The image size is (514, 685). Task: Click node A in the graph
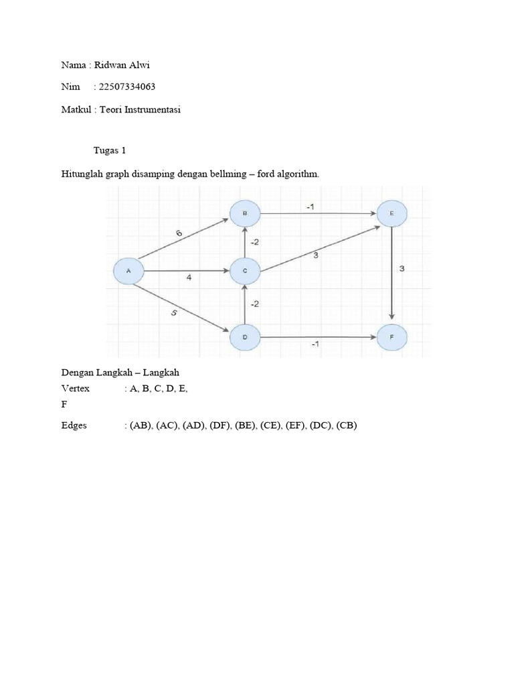(128, 271)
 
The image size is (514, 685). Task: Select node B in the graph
(245, 213)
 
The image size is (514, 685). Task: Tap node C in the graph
(245, 271)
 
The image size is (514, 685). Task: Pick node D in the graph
(245, 337)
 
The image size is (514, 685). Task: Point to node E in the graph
(392, 213)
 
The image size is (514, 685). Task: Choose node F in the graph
(392, 337)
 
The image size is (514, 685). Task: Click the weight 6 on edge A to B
(179, 233)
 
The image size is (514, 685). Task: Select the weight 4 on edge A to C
(189, 278)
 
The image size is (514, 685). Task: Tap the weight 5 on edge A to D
(174, 313)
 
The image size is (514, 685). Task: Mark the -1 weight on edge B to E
(311, 207)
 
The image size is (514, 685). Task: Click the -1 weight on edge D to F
(315, 345)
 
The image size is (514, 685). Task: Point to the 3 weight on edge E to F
(402, 269)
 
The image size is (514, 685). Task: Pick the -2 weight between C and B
(255, 242)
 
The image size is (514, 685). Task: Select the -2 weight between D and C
(255, 304)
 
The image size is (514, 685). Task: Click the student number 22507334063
(127, 86)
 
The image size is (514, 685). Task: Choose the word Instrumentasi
(152, 110)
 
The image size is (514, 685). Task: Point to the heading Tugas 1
(110, 151)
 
